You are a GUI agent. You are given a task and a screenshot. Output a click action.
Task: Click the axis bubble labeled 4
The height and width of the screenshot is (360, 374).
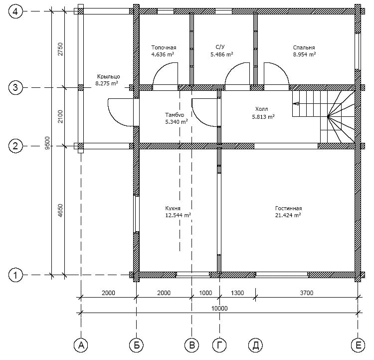coord(15,11)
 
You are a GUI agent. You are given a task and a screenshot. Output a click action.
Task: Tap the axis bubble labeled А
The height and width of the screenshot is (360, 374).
coord(81,345)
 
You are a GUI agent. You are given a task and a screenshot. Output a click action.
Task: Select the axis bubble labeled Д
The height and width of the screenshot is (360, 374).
coord(255,345)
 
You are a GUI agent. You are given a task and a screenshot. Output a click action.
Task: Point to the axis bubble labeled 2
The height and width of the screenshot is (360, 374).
coord(15,146)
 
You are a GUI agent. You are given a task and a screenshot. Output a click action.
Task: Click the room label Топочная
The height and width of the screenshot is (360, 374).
coord(164,47)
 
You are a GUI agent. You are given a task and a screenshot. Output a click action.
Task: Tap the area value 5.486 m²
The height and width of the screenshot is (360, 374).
coord(221,54)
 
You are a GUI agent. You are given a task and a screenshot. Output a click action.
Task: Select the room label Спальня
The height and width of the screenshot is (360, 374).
coord(304,47)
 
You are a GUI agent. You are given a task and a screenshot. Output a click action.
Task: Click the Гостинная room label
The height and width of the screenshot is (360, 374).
coord(288,208)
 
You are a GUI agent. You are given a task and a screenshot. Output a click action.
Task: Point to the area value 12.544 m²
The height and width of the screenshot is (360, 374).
coord(178,215)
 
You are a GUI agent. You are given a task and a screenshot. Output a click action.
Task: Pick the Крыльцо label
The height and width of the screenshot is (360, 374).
coord(108,76)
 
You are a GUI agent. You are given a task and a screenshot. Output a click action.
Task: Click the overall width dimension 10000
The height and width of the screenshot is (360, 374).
coord(219,308)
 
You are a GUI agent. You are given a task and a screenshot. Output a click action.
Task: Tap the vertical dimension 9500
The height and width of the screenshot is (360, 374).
coord(47,143)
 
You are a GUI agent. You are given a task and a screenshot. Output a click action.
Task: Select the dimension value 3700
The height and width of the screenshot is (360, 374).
coord(307,293)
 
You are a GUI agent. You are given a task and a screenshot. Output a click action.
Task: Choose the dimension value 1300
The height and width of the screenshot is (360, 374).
coord(237,293)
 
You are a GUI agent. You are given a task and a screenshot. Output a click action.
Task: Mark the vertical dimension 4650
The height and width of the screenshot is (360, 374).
coord(60,210)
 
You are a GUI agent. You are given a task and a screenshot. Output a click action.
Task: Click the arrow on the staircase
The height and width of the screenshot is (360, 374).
coord(296,104)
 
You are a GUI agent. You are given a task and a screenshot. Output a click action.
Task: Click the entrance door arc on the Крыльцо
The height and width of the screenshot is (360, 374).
coord(115,119)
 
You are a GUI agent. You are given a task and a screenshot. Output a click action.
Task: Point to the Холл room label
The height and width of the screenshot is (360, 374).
coord(262,109)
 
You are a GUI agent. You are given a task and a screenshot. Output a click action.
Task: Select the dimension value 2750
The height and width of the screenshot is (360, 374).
coord(60,49)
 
